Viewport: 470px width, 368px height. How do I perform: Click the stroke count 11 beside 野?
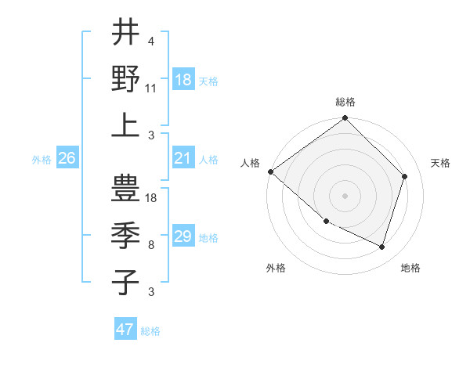coord(151,88)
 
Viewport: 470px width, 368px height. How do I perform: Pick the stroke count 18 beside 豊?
coord(152,199)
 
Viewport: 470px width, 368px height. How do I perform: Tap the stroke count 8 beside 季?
coord(150,245)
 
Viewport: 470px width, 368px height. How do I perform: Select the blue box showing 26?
coord(67,158)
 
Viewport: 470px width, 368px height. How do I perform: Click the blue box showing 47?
coord(125,330)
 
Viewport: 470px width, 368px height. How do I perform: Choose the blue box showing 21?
coord(183,158)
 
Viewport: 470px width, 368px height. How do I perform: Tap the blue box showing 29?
coord(183,236)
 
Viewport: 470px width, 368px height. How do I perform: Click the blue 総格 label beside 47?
coord(150,331)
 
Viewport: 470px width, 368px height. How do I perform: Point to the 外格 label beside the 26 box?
coord(42,160)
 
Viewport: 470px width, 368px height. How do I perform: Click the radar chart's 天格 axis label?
coord(440,163)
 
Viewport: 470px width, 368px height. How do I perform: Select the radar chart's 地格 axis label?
coord(410,268)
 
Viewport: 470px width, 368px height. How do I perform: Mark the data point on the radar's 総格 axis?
coord(345,119)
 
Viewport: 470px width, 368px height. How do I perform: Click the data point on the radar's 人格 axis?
coord(270,171)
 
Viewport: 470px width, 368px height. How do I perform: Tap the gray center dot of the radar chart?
coord(345,195)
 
